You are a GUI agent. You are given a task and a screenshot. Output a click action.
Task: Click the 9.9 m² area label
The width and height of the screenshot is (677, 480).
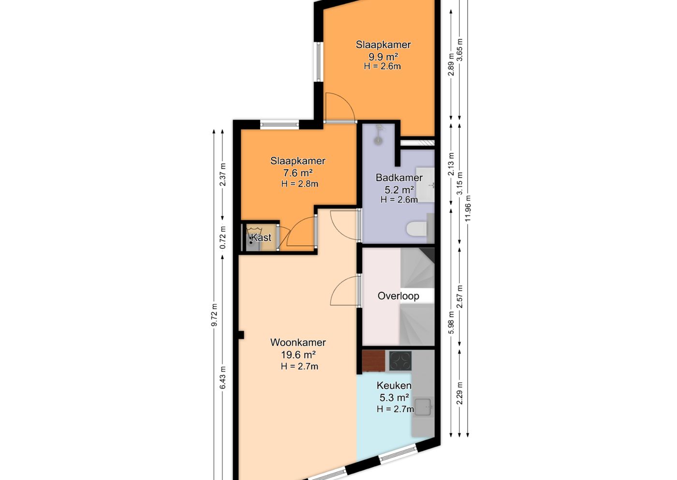(x=383, y=57)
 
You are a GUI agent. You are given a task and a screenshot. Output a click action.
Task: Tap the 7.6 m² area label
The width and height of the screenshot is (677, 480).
(x=298, y=173)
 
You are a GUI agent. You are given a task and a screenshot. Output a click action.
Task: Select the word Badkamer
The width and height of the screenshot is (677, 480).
(x=399, y=178)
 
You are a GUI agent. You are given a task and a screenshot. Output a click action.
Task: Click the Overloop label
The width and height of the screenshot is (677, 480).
(x=398, y=296)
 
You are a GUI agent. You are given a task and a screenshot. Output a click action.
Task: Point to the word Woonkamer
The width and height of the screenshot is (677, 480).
(x=298, y=343)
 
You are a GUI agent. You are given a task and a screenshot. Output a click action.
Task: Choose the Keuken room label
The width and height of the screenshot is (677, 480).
(x=394, y=386)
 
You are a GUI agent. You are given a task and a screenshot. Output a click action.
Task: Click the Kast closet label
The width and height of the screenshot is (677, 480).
(x=261, y=238)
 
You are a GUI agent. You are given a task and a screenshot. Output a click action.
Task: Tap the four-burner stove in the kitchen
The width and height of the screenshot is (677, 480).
(x=400, y=360)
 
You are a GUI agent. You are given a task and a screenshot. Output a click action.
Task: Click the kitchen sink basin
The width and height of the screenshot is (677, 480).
(x=423, y=407)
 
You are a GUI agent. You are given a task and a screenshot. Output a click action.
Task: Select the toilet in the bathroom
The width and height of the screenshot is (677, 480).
(x=416, y=228)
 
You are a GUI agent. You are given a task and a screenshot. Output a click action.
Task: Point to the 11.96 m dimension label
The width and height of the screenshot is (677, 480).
(x=468, y=209)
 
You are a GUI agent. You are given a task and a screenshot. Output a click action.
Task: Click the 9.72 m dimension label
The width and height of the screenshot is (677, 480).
(x=214, y=315)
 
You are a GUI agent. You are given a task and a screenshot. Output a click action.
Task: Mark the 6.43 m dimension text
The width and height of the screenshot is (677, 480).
(x=223, y=378)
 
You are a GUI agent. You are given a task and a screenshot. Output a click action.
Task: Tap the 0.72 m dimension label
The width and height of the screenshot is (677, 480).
(x=223, y=238)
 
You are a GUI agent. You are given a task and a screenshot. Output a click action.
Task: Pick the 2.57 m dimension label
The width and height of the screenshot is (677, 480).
(x=459, y=297)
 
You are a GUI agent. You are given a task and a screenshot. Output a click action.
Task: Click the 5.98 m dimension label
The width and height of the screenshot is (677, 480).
(x=451, y=322)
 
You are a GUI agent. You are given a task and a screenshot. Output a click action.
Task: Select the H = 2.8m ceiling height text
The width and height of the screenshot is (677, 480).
(x=299, y=183)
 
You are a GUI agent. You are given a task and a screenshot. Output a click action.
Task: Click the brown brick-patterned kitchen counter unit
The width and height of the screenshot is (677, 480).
(x=373, y=360)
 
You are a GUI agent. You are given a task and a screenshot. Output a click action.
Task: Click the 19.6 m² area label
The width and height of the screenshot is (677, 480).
(x=298, y=355)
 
